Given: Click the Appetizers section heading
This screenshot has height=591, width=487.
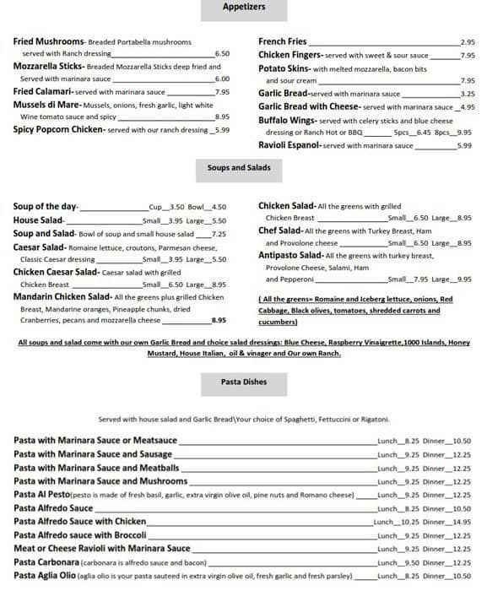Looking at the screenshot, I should (244, 7).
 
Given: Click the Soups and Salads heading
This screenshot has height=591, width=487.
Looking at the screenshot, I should (239, 168).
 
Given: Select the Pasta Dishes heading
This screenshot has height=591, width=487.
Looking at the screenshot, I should (244, 382).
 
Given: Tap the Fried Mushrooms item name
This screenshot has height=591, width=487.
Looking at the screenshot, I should (49, 41).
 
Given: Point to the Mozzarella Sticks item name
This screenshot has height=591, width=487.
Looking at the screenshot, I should (49, 66).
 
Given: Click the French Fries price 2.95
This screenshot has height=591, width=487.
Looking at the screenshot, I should (468, 41).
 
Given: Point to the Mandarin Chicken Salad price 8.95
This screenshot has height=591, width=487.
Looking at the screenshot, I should (219, 321).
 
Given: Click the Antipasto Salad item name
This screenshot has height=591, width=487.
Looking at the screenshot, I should (289, 255).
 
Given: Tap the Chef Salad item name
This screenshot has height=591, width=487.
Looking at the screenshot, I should (279, 230).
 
